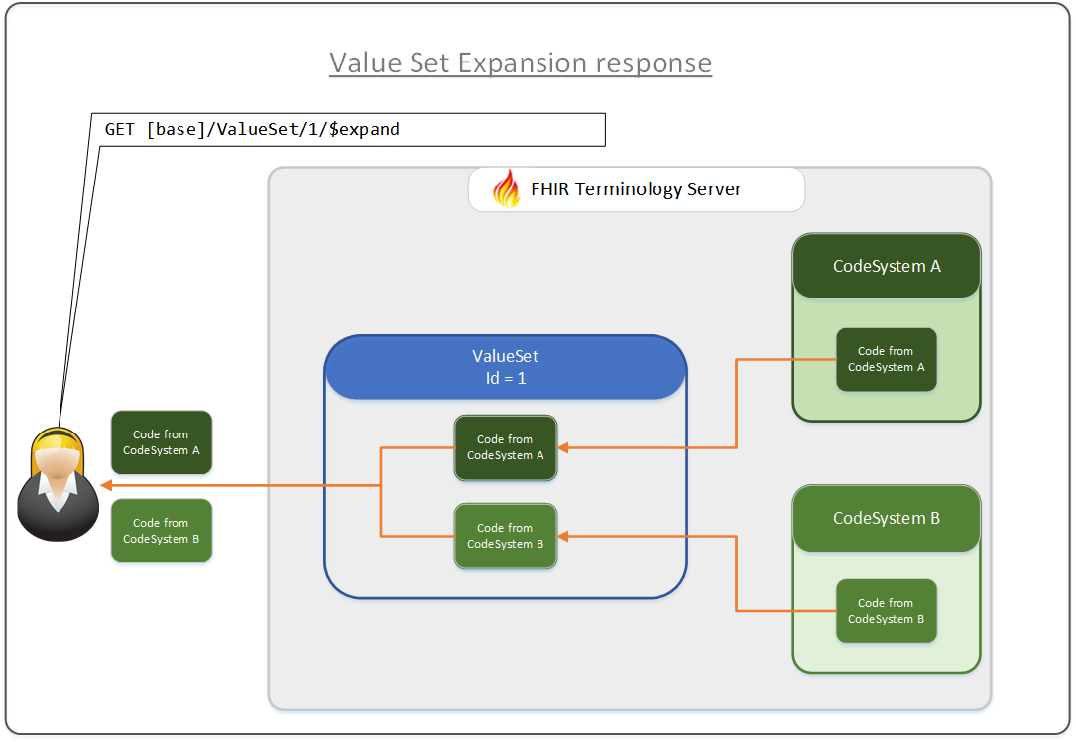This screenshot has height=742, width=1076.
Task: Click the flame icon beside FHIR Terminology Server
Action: click(506, 188)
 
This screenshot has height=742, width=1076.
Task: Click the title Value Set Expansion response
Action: click(521, 62)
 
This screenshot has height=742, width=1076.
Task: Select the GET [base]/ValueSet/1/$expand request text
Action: click(252, 129)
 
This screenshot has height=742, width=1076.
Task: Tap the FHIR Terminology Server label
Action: click(636, 188)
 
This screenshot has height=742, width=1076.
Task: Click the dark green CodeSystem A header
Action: click(887, 266)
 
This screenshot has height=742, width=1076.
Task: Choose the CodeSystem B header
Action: click(887, 518)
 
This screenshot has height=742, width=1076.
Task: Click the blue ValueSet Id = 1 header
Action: click(506, 367)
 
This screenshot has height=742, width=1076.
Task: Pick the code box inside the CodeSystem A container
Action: click(887, 359)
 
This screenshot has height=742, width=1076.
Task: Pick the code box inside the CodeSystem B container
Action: click(887, 611)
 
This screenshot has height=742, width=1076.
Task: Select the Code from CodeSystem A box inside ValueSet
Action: click(506, 447)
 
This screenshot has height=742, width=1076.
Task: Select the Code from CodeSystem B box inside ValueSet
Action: click(506, 536)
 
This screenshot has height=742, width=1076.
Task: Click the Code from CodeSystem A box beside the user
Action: click(162, 442)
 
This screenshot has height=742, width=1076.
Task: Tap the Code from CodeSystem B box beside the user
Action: click(162, 531)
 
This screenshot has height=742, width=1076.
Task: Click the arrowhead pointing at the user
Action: click(106, 486)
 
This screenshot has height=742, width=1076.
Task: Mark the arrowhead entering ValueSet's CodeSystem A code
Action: click(564, 447)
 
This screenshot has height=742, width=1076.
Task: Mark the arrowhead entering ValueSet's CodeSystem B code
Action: click(564, 536)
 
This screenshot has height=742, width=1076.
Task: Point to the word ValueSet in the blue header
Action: click(506, 357)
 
